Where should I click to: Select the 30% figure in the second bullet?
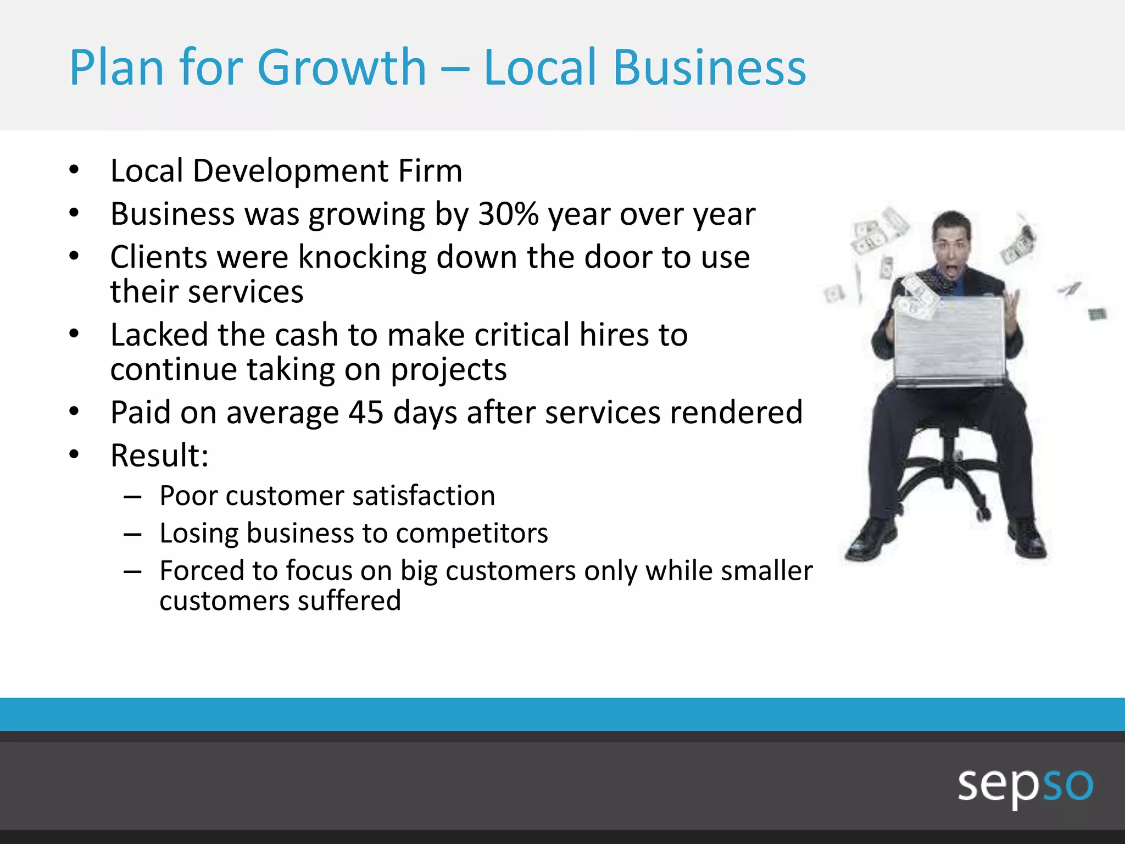click(x=508, y=214)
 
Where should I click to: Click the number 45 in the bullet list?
click(x=366, y=412)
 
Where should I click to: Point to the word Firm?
click(x=430, y=171)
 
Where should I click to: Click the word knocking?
click(x=362, y=257)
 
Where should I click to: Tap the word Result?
click(x=159, y=456)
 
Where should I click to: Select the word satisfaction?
click(x=424, y=496)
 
